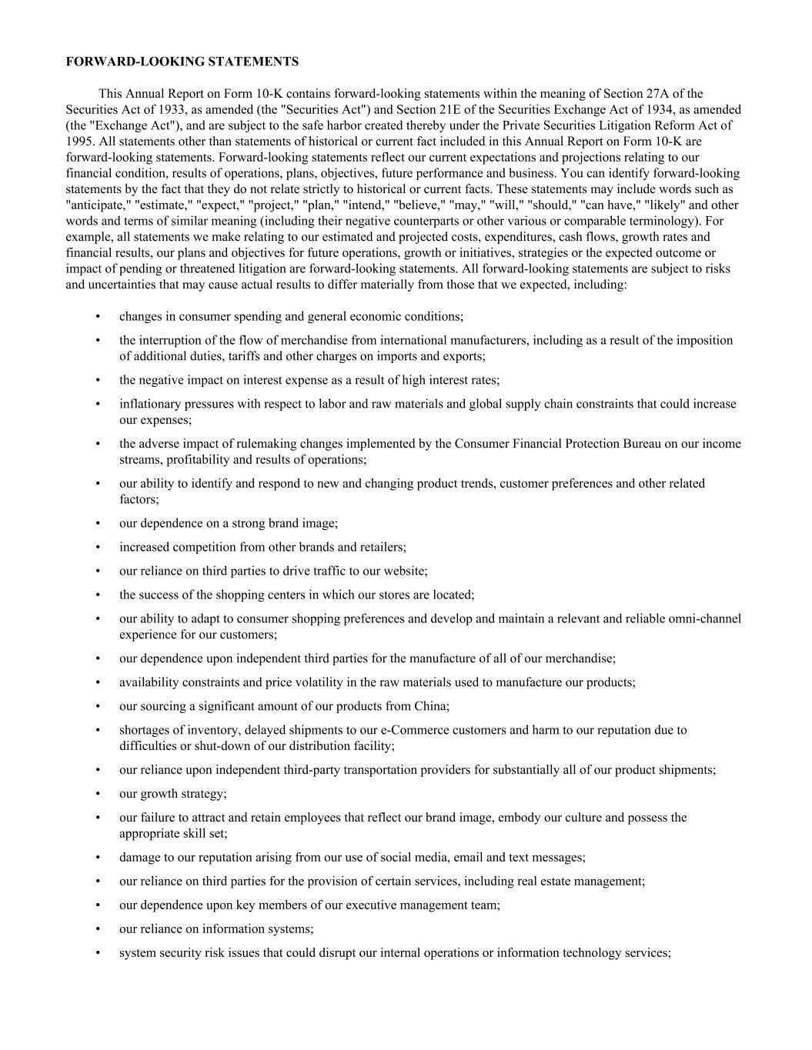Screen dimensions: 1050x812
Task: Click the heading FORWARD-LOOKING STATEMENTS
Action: (x=182, y=61)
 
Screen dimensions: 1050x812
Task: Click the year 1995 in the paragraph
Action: (x=79, y=142)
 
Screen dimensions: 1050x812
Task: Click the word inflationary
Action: (x=150, y=404)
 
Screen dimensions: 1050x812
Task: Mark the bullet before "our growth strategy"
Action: (x=98, y=794)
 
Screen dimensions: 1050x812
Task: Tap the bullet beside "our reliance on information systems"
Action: (x=98, y=929)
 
